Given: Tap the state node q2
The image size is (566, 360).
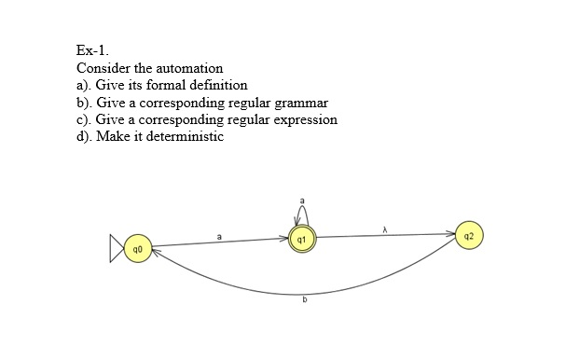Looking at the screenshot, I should (470, 233).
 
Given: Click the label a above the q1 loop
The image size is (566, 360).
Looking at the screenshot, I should (301, 200).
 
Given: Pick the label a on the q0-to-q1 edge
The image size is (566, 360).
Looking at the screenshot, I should (219, 237).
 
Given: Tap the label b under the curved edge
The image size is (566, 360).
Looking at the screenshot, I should (304, 300).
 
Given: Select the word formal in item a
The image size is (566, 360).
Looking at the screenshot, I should (173, 85).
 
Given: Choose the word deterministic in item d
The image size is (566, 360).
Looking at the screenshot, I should (186, 136).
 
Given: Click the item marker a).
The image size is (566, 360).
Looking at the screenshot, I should (82, 85).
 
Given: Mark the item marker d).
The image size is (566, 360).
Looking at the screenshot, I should (83, 136).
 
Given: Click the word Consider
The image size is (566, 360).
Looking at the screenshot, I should (101, 68).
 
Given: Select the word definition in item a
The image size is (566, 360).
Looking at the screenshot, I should (221, 85).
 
